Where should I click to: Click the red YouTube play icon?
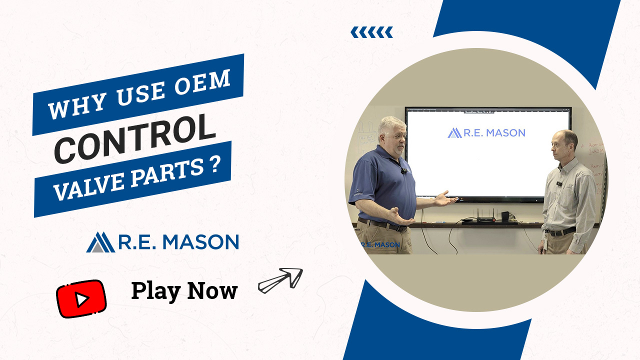coord(81,298)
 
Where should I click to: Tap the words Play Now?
coord(184,290)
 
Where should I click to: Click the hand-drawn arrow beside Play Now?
coord(280,280)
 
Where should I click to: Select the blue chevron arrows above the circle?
coord(371,32)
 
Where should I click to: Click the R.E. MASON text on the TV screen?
coord(486,133)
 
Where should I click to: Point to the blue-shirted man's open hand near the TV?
coord(445,199)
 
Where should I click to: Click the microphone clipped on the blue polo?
coord(403,171)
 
